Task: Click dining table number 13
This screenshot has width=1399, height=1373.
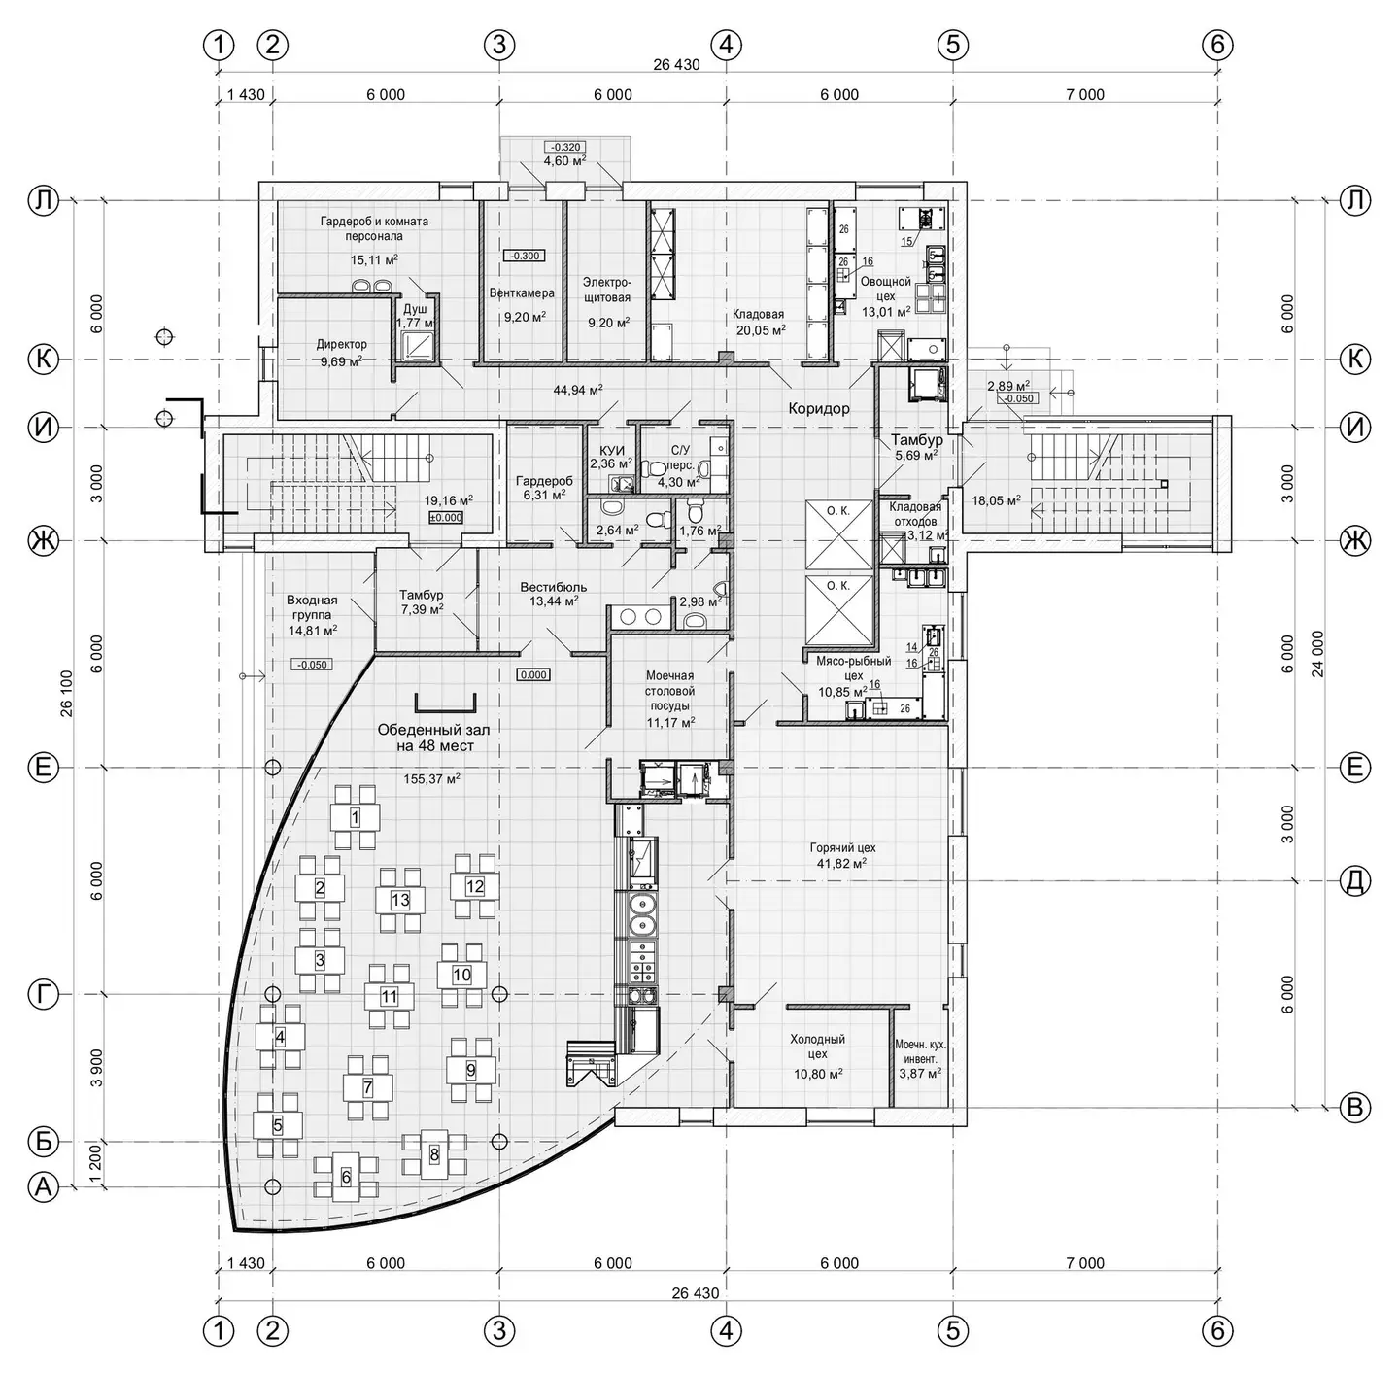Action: [x=400, y=900]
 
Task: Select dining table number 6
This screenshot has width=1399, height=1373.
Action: [x=346, y=1176]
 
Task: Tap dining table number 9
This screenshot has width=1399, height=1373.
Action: [x=470, y=1070]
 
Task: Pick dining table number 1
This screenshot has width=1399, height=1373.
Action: [x=355, y=818]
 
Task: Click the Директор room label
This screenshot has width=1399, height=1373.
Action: [x=341, y=344]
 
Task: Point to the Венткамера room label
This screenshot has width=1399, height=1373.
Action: [x=522, y=293]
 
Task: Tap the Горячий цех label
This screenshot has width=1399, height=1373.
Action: [x=842, y=847]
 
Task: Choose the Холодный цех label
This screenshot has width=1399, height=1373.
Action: [x=817, y=1047]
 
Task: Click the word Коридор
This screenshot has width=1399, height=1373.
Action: [x=819, y=409]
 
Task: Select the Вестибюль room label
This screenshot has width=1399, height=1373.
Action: [x=553, y=587]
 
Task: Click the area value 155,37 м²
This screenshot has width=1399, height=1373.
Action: [x=432, y=779]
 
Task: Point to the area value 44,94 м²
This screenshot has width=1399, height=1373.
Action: [x=578, y=390]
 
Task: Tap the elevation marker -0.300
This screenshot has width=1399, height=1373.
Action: [x=525, y=256]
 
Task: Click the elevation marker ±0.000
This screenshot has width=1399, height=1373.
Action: [x=446, y=518]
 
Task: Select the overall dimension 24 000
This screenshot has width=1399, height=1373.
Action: [x=1317, y=653]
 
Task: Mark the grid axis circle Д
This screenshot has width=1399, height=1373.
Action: [x=1354, y=881]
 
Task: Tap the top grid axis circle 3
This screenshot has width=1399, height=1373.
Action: [x=499, y=45]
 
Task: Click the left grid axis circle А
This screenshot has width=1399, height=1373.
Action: [x=43, y=1187]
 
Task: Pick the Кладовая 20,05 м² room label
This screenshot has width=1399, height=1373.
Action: [x=759, y=322]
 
